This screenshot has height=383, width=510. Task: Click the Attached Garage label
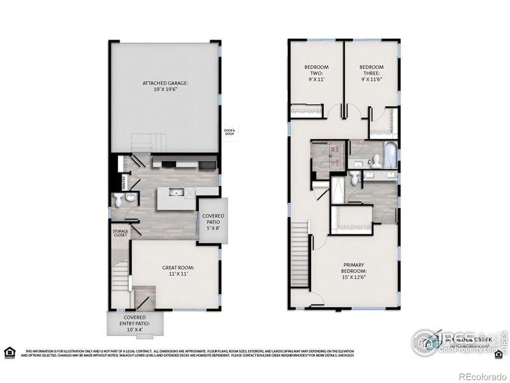coord(165,86)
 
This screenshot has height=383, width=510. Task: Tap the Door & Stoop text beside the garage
coord(229,132)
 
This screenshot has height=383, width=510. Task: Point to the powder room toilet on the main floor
coord(118,202)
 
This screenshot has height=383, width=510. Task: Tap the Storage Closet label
coord(120,233)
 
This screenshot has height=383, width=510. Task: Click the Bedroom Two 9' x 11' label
coord(316,73)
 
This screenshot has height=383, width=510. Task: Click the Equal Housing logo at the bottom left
coord(10,352)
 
